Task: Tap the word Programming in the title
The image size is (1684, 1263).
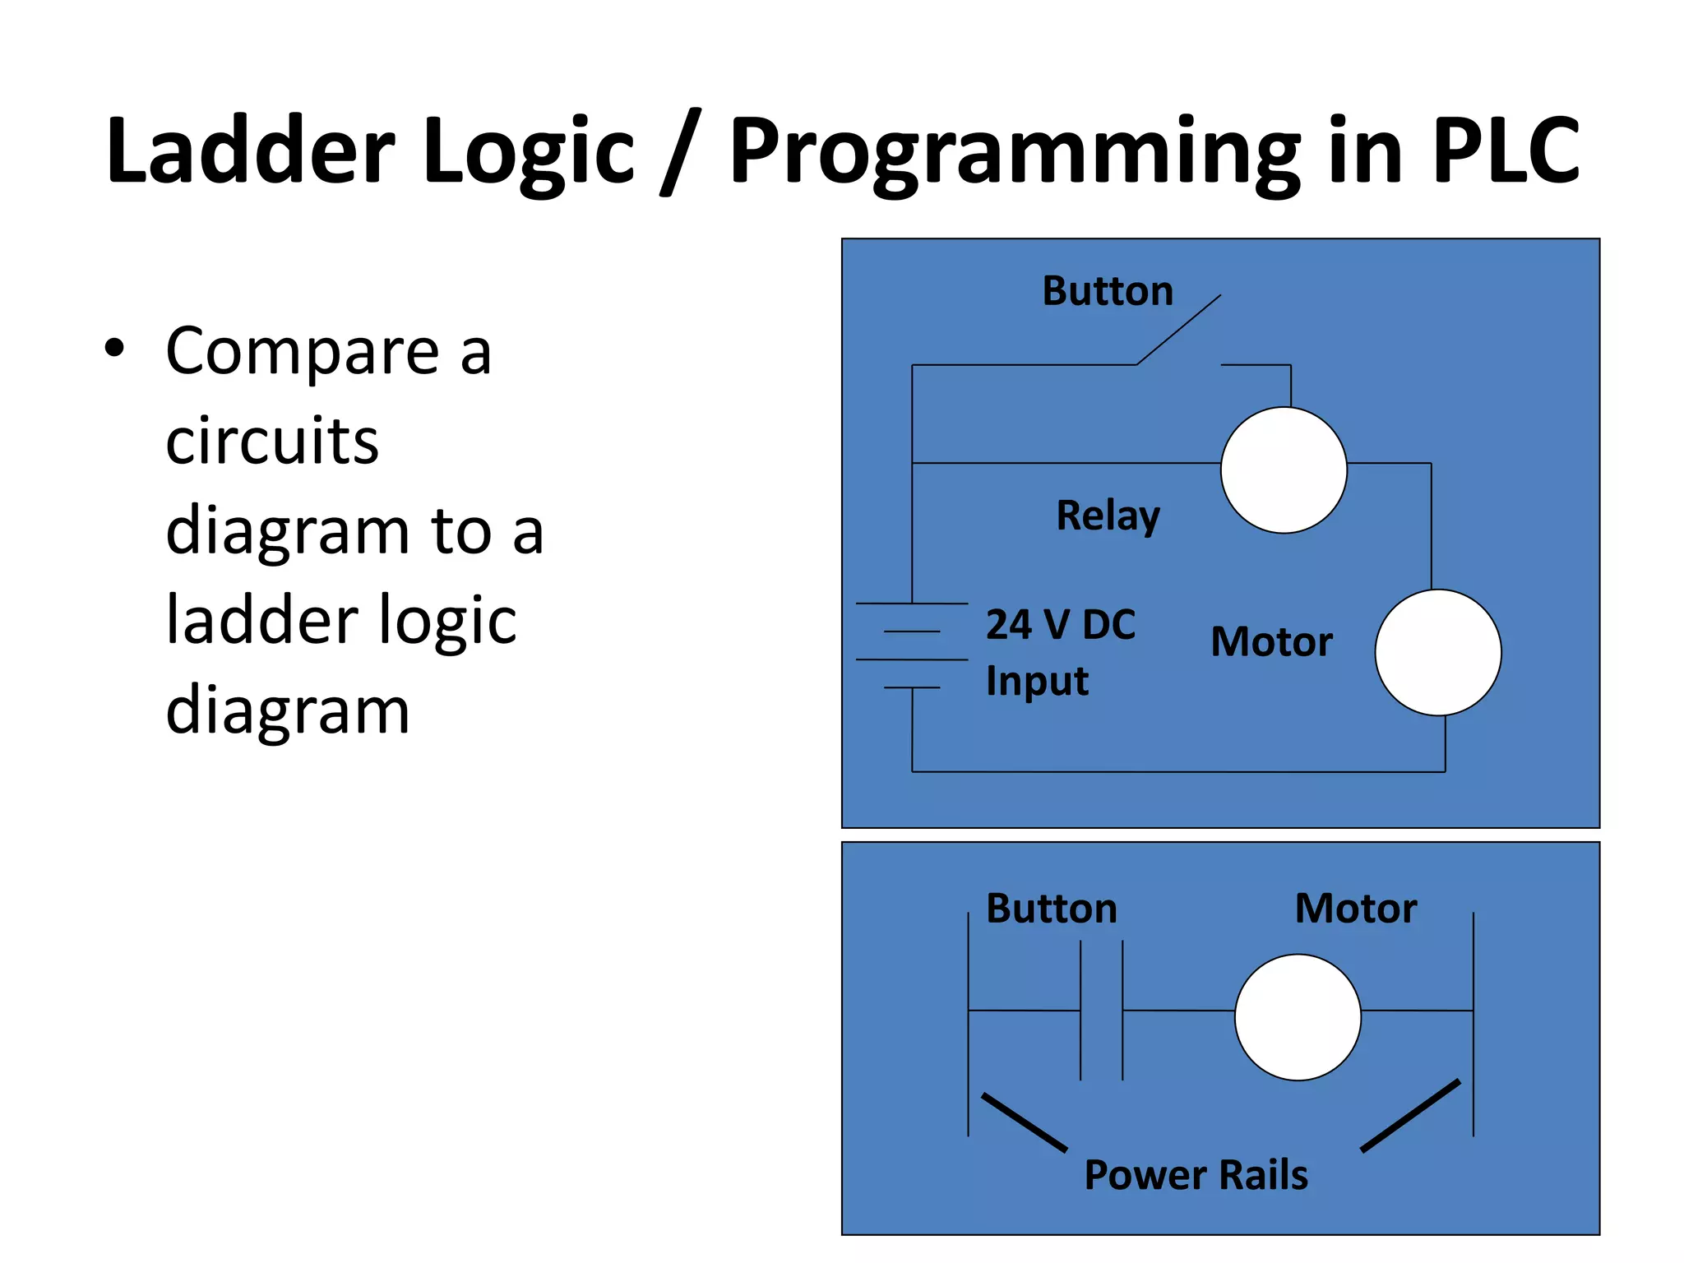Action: click(1015, 152)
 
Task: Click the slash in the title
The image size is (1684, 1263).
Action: click(680, 152)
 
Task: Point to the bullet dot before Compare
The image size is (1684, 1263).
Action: click(114, 347)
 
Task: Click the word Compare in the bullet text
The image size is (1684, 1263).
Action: click(302, 352)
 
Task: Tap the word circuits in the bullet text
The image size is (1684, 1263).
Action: click(272, 442)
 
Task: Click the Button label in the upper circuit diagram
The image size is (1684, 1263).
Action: click(1108, 291)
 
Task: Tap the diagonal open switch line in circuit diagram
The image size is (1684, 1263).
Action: click(1178, 330)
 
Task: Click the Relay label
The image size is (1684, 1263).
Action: click(1108, 516)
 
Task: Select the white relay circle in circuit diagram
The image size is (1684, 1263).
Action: click(1284, 470)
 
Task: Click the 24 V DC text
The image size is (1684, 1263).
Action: click(1061, 625)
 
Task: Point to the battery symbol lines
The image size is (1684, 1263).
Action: click(912, 645)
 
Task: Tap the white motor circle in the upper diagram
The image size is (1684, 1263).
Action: click(1438, 652)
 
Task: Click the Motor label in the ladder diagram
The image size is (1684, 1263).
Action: click(1356, 909)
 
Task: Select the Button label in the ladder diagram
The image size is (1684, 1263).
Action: click(1052, 909)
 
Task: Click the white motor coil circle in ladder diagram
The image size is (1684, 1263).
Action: click(1298, 1017)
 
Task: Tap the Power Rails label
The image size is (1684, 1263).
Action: click(1196, 1174)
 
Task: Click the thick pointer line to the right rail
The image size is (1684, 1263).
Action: click(1411, 1116)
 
